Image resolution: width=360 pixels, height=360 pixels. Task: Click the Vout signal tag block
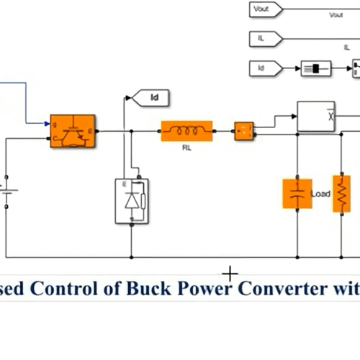click(265, 9)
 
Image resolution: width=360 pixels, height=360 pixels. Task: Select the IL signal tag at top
click(265, 38)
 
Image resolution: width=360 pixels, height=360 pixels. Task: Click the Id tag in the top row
click(265, 68)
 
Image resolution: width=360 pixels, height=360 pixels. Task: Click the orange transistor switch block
click(73, 131)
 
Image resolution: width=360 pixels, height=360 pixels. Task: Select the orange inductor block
click(186, 131)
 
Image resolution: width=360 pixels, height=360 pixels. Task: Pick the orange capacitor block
click(297, 194)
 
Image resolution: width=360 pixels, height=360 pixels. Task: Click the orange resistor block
click(341, 194)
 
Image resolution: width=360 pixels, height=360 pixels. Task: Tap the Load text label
click(320, 194)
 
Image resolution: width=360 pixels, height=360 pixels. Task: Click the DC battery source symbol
click(7, 191)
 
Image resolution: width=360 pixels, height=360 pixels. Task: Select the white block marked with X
click(316, 115)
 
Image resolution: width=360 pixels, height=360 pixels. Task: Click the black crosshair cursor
click(230, 274)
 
